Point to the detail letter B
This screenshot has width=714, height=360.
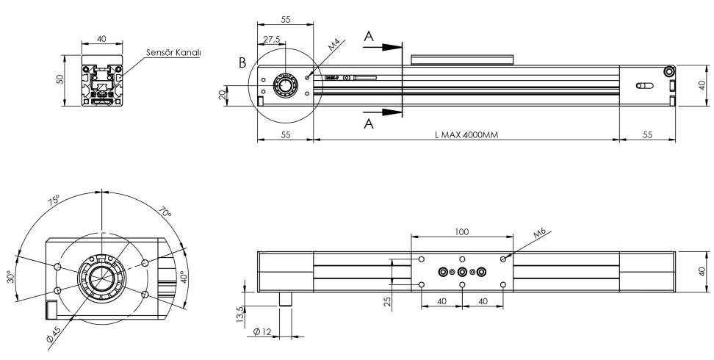click(242, 63)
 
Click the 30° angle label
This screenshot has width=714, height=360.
click(10, 277)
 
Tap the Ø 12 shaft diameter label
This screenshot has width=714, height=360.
click(262, 332)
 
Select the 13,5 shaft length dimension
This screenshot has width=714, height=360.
click(239, 313)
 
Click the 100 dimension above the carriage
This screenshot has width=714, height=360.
click(461, 231)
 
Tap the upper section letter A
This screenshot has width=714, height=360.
click(369, 36)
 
